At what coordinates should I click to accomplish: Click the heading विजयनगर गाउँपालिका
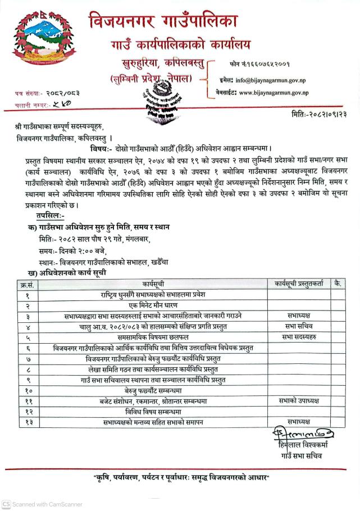163,22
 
